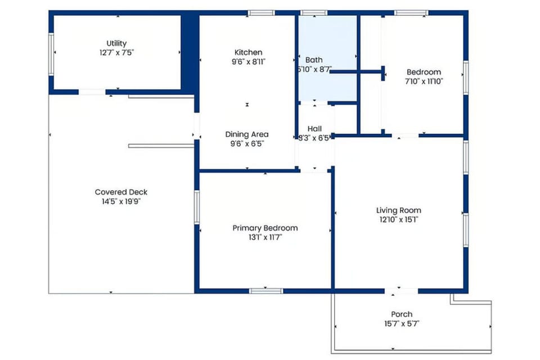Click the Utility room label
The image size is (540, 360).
coord(116,43)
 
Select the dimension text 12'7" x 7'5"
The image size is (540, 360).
coord(116,52)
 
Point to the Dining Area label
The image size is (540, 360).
coord(246,134)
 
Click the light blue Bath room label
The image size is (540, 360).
coord(314,60)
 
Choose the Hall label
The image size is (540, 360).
coord(314,128)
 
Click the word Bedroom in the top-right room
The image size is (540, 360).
coord(424,72)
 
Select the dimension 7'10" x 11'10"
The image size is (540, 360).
coord(424,81)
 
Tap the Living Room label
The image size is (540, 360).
coord(398,210)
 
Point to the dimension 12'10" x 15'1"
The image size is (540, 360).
coord(398,219)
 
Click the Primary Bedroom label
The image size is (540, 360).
coord(265,228)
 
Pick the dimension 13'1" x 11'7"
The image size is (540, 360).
coord(265,237)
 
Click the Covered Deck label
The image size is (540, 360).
coord(121,192)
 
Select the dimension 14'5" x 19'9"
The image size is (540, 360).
coord(121,201)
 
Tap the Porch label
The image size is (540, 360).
coord(402,314)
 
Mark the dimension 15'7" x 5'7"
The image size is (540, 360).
coord(402,323)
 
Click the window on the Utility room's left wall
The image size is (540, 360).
coord(51,53)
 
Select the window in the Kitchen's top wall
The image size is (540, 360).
coord(261,12)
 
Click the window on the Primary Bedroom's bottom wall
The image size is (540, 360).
coord(265,291)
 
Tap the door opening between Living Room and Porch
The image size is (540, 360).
coord(401,291)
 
